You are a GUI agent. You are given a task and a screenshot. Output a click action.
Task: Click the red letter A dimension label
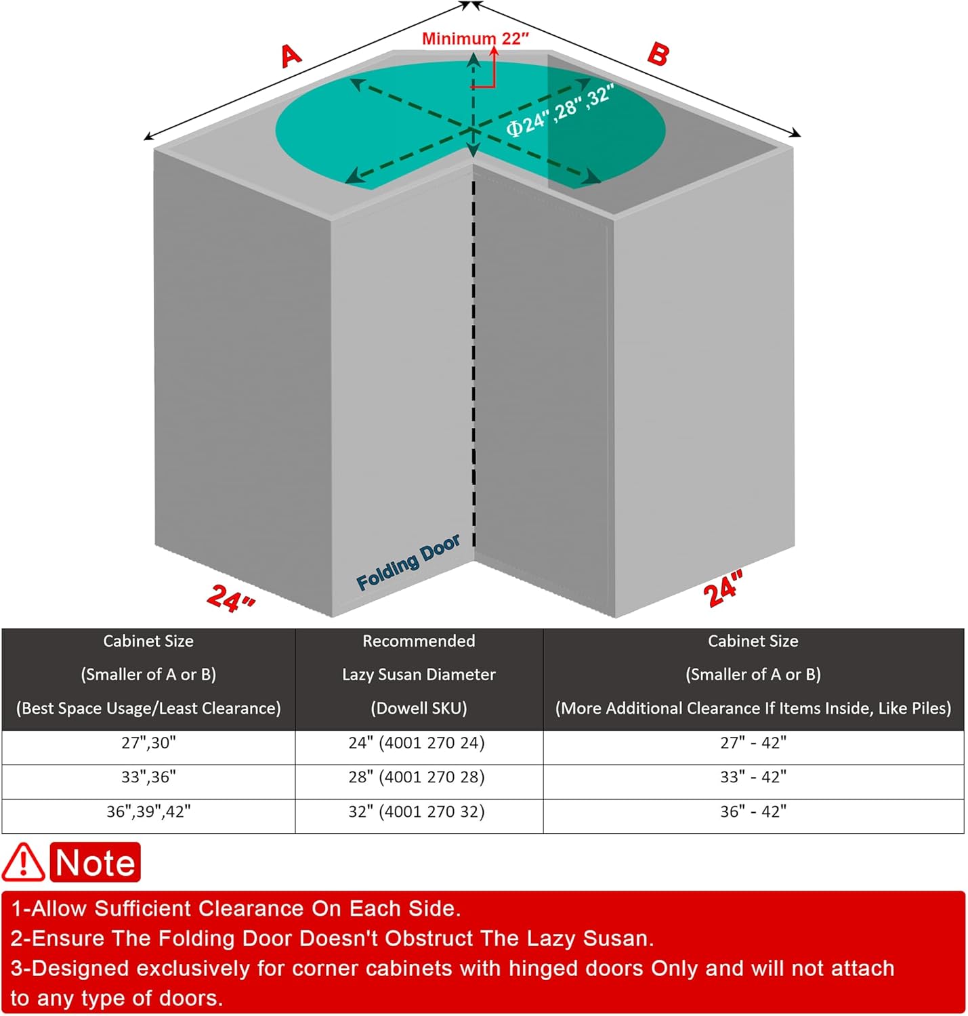click(x=291, y=56)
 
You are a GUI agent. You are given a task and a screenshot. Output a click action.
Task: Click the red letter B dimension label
click(x=658, y=54)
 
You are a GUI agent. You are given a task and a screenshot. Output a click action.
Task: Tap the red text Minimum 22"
click(x=475, y=39)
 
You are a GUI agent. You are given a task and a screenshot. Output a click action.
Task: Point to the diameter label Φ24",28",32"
click(x=560, y=110)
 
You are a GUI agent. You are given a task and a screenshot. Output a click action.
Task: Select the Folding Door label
click(x=408, y=562)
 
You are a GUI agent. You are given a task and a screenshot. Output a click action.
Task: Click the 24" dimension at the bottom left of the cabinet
click(x=230, y=597)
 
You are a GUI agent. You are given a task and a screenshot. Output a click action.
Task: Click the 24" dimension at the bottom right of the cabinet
click(x=723, y=589)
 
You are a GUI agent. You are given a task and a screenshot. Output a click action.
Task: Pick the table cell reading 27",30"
click(x=148, y=743)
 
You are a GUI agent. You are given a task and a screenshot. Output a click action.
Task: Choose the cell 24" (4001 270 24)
click(x=417, y=743)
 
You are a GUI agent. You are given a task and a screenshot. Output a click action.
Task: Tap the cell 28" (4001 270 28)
click(x=417, y=777)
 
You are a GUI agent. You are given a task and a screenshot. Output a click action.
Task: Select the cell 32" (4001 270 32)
click(x=417, y=811)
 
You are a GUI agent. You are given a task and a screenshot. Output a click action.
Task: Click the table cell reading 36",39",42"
click(x=148, y=811)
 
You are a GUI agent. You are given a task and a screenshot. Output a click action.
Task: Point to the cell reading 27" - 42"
click(x=753, y=743)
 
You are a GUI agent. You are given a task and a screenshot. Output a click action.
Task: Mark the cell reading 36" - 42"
click(x=753, y=811)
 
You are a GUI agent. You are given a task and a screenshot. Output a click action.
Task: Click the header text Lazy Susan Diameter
click(x=419, y=675)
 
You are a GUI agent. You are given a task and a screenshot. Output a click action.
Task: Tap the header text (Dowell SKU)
click(x=419, y=708)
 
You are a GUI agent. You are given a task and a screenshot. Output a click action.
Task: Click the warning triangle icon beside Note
click(x=23, y=862)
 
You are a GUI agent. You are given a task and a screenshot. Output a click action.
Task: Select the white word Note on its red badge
click(x=96, y=863)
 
